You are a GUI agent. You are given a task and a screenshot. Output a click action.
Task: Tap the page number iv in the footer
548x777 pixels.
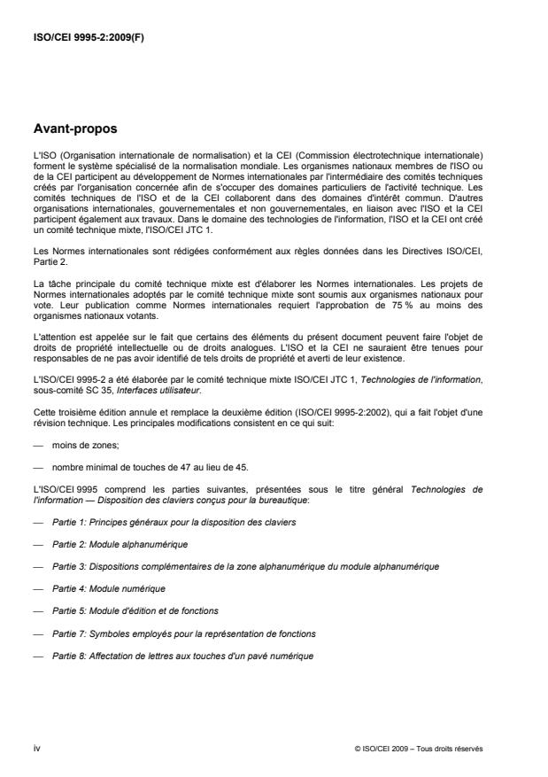pyautogui.click(x=36, y=748)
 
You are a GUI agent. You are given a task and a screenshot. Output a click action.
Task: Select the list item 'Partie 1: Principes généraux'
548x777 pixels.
pyautogui.click(x=174, y=523)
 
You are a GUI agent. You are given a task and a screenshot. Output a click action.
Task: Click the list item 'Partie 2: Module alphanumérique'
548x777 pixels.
pyautogui.click(x=120, y=542)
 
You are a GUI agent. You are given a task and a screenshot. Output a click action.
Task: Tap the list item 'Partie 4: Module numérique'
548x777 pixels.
pyautogui.click(x=109, y=587)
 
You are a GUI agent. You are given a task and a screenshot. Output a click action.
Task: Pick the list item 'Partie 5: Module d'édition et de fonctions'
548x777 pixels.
pyautogui.click(x=135, y=610)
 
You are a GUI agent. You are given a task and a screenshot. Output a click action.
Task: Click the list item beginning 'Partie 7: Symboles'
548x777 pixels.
pyautogui.click(x=184, y=633)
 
